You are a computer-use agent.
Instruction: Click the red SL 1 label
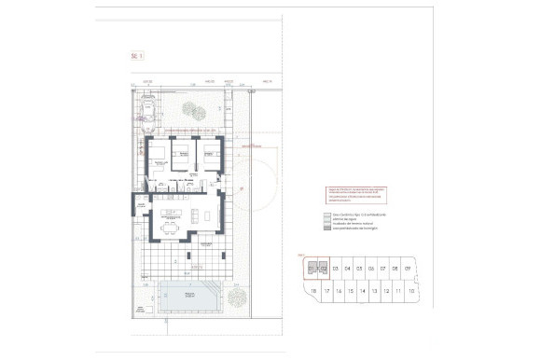click(137, 56)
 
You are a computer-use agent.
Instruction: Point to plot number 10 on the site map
click(410, 291)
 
